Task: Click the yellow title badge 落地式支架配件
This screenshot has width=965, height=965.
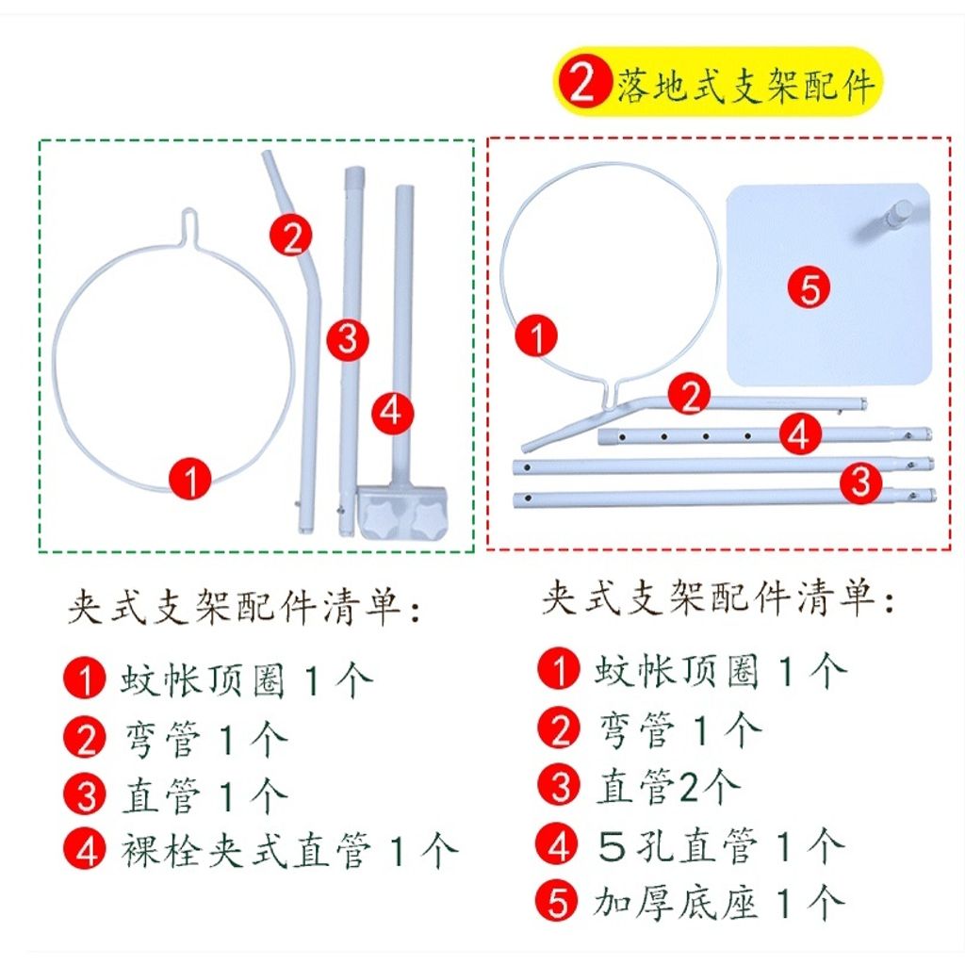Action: (x=717, y=83)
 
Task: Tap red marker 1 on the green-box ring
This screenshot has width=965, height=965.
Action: (x=191, y=479)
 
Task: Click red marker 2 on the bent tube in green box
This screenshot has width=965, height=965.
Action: (x=290, y=235)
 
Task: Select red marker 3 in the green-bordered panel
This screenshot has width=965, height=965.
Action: (x=347, y=338)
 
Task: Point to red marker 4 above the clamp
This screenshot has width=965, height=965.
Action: (x=392, y=412)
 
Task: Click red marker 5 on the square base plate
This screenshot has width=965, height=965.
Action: (x=810, y=287)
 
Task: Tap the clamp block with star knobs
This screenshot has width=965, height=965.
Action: (x=403, y=509)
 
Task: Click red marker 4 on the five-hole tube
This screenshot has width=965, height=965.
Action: (x=797, y=434)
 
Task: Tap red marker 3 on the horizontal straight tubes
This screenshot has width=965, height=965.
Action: (x=859, y=482)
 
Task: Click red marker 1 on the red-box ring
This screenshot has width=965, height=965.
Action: (x=537, y=336)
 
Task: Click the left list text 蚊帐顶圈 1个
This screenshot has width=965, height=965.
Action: (x=247, y=679)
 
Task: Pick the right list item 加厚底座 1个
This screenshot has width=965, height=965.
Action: (x=718, y=903)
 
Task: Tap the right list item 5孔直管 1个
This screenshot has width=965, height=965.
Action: (x=718, y=845)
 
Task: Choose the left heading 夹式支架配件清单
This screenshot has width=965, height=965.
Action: (x=243, y=607)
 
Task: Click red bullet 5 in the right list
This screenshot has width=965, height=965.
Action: (x=560, y=903)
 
